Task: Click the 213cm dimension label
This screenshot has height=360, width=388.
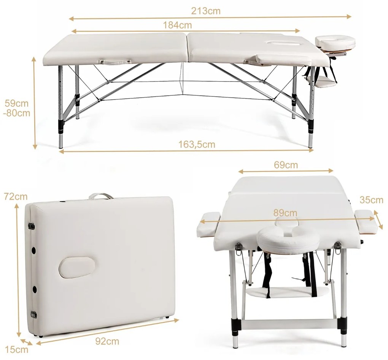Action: coord(206,11)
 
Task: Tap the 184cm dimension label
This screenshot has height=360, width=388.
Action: coord(177,25)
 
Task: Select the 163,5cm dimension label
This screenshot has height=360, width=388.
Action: coord(197,144)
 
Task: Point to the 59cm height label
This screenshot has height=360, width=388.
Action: coord(16,103)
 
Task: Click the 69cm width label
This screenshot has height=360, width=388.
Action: coord(286,165)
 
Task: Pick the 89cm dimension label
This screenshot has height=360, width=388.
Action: coord(285,213)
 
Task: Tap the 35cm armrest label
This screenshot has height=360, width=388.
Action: coord(371,200)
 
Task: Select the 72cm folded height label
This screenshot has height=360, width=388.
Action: coord(16,197)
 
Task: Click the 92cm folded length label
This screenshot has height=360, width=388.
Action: coord(107,341)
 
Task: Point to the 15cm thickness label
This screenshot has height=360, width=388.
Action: coord(17,349)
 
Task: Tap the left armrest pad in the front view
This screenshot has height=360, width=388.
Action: coord(208,225)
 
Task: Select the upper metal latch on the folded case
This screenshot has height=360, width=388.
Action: coord(32,226)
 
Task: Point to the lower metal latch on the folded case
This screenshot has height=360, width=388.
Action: coord(33,314)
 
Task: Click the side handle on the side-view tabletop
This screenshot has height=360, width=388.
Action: coord(114,62)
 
